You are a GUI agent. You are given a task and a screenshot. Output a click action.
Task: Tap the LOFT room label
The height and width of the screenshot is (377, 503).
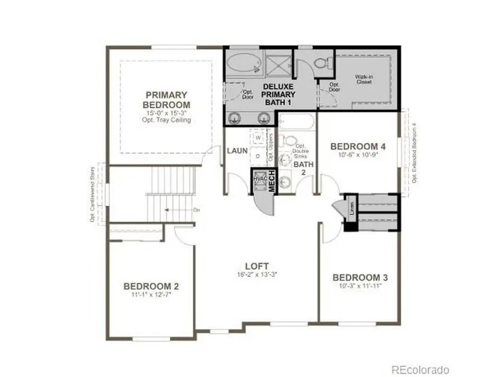(x=257, y=266)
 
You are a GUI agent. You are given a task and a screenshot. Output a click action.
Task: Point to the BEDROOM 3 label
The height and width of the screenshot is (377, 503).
(x=360, y=278)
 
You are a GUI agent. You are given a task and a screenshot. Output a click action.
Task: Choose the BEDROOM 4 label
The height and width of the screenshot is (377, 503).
(x=358, y=147)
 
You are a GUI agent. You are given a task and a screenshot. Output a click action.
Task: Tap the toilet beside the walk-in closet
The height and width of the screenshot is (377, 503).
(x=323, y=65)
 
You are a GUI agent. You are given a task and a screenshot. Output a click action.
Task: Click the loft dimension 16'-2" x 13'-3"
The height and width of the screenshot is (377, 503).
(x=257, y=275)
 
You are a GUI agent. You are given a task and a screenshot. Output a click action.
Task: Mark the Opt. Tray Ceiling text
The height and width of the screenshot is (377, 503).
(x=166, y=120)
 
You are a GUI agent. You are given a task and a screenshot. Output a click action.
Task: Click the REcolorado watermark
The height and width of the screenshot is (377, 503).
(x=419, y=369)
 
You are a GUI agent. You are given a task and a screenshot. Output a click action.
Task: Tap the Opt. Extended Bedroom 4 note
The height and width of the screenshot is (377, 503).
(x=414, y=152)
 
